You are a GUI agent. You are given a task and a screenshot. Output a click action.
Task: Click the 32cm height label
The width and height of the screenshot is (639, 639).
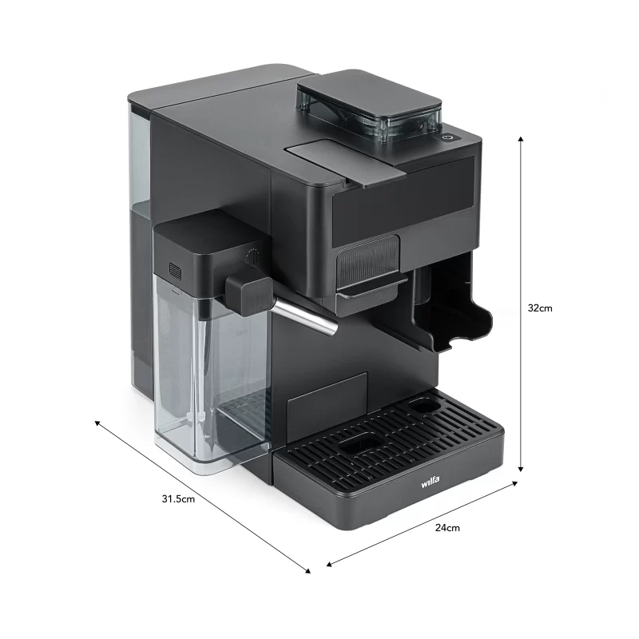pyautogui.click(x=540, y=308)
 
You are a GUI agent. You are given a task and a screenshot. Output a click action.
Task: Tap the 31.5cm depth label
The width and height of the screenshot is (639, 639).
pyautogui.click(x=178, y=498)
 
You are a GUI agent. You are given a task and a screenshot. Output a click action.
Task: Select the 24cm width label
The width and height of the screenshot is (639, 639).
pyautogui.click(x=447, y=528)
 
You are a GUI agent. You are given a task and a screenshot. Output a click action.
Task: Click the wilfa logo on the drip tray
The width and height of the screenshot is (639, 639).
pyautogui.click(x=431, y=482)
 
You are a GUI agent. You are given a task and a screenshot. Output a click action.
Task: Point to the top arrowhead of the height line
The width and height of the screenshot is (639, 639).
pyautogui.click(x=521, y=139)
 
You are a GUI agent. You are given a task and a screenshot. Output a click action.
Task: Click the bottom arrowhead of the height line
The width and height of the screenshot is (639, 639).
pyautogui.click(x=521, y=469)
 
